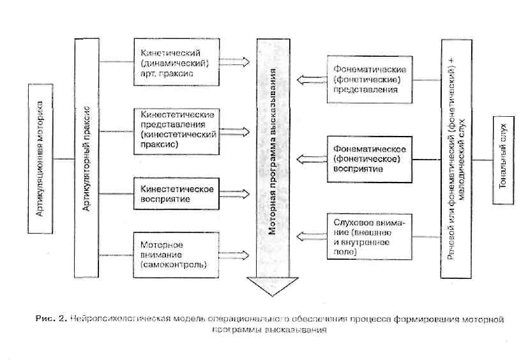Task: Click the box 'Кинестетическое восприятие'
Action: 174,193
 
